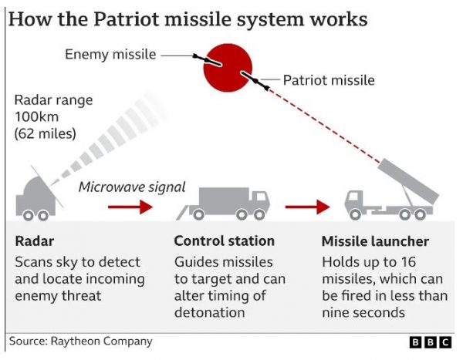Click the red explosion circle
[x=228, y=68]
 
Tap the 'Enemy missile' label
[x=110, y=55]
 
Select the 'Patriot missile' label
[x=329, y=80]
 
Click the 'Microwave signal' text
[x=132, y=187]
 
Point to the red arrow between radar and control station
[x=130, y=207]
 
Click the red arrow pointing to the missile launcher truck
[x=307, y=207]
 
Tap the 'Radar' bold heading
[x=35, y=241]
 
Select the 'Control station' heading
[x=225, y=241]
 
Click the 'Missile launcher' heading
[x=375, y=241]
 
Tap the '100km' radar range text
[x=36, y=117]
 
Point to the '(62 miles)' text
[x=46, y=133]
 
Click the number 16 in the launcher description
[x=408, y=262]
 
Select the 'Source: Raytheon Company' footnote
[x=80, y=341]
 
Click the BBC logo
[x=431, y=342]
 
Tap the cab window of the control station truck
[x=261, y=197]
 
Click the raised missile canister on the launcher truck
[x=408, y=180]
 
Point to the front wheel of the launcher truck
[x=355, y=214]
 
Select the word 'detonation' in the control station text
[x=210, y=312]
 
